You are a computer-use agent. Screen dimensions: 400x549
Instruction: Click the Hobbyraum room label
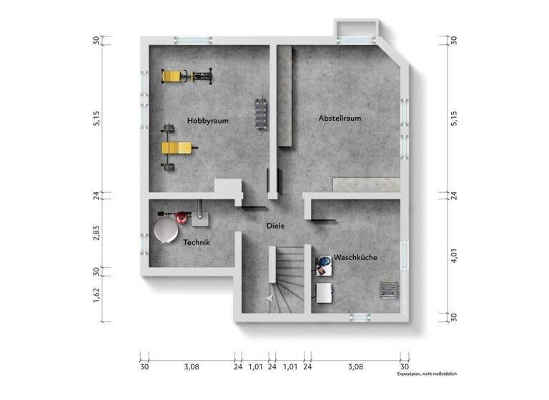207,121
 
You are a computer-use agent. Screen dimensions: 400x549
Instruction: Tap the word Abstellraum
340,119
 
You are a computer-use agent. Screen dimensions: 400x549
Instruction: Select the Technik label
197,243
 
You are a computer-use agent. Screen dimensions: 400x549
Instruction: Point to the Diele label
275,226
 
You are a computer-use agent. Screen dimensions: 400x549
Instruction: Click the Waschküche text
355,257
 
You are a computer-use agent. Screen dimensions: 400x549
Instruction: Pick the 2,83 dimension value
97,233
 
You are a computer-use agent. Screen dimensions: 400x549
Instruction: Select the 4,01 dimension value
454,256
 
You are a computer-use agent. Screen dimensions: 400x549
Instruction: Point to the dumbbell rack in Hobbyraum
261,112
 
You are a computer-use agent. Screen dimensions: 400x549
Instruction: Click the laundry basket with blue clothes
323,266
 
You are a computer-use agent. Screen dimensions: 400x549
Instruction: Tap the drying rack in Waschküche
388,289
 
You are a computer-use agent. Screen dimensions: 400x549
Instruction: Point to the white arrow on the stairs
269,295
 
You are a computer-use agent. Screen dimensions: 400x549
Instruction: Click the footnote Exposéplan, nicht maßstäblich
427,374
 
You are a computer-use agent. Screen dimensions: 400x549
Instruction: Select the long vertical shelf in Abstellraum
287,95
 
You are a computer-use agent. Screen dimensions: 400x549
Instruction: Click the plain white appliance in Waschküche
325,293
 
